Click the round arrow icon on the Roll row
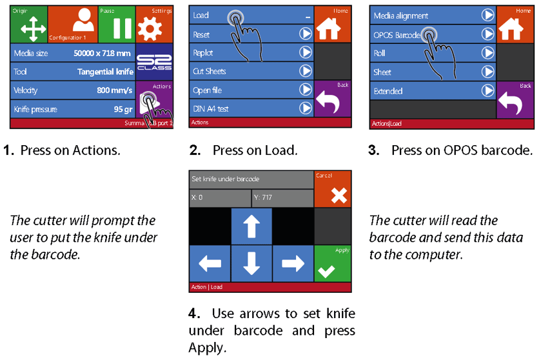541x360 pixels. click(x=487, y=54)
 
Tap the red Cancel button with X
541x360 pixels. click(x=333, y=190)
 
